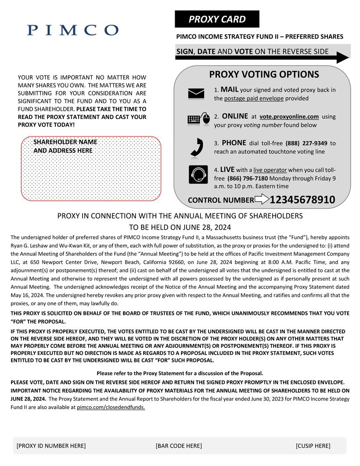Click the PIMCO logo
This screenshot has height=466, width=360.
click(73, 30)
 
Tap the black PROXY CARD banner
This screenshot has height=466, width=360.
click(217, 19)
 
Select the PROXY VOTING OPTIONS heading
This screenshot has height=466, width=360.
click(264, 74)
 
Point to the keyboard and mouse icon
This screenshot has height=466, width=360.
click(198, 119)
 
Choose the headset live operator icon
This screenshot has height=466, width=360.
click(198, 174)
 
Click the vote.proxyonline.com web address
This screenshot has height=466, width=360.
click(289, 117)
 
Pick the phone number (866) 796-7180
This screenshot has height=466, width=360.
click(248, 178)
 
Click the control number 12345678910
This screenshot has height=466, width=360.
click(302, 200)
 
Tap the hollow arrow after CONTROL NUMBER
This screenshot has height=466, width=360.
click(262, 200)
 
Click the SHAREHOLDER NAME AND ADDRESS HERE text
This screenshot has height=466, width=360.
click(65, 146)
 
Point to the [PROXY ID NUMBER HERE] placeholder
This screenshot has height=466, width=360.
click(51, 446)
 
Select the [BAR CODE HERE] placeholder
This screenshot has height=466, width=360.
click(179, 446)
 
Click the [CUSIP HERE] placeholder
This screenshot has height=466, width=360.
click(313, 446)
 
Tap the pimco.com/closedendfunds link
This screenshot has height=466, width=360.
click(111, 407)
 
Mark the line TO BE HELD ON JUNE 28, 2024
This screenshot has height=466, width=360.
click(180, 228)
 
